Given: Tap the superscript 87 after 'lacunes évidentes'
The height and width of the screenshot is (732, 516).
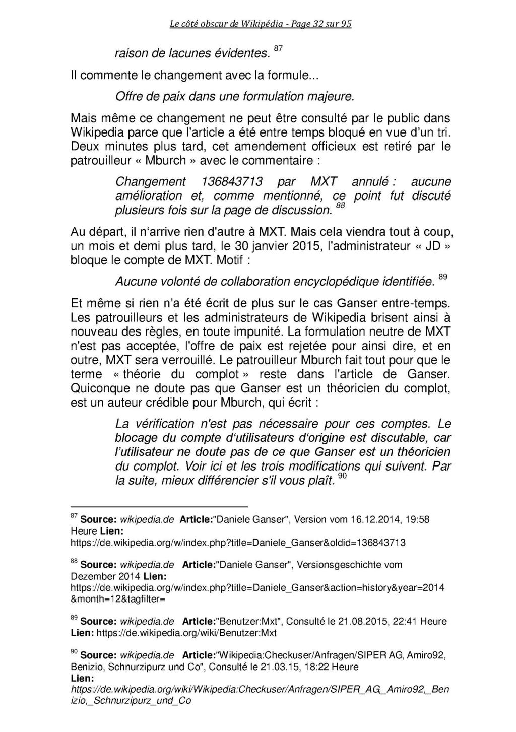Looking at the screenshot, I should (279, 48).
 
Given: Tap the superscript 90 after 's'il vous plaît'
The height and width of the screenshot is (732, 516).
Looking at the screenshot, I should (342, 476).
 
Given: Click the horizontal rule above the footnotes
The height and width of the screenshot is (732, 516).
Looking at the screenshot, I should (159, 507).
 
